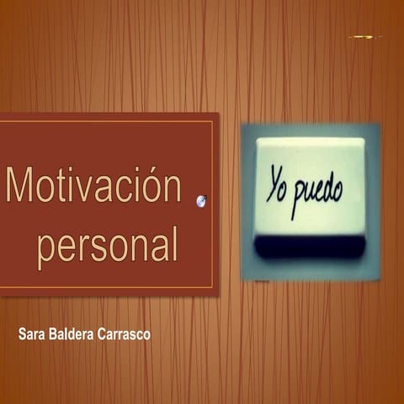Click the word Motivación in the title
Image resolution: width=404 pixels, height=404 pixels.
[x=93, y=185]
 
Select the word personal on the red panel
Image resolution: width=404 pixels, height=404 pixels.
[x=107, y=244]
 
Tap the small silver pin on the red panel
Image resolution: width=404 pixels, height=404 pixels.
[x=201, y=200]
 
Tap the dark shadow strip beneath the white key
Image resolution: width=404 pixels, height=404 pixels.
[x=310, y=247]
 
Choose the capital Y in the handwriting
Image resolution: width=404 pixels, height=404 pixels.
[x=272, y=185]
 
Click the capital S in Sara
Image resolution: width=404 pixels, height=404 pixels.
[x=22, y=335]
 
